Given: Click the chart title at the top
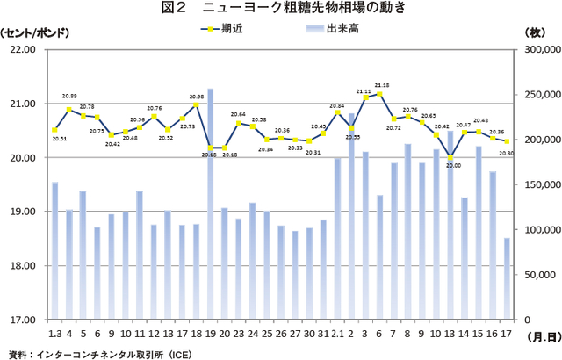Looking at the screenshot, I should (282, 10).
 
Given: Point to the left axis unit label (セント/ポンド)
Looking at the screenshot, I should (35, 32).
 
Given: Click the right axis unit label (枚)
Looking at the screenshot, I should (533, 32).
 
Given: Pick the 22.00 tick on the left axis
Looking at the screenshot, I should (22, 50).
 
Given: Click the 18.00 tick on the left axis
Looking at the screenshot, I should (22, 266).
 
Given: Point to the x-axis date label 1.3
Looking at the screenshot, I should (54, 335).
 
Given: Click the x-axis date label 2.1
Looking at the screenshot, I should (337, 335).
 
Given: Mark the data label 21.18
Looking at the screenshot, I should (382, 85).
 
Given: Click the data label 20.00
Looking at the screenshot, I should (453, 165).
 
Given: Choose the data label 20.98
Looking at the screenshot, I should (196, 97).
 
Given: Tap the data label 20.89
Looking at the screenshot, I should (68, 96).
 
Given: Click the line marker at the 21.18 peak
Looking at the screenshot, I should (380, 93).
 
